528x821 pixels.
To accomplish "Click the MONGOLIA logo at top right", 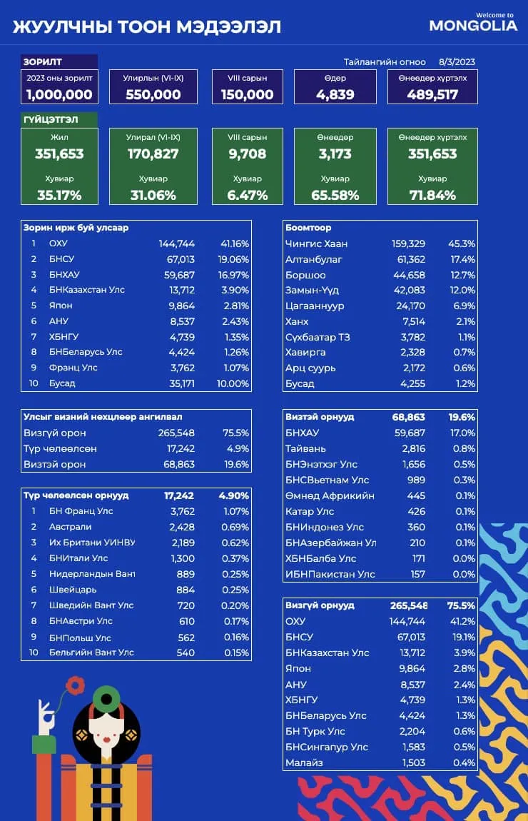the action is [x=473, y=23].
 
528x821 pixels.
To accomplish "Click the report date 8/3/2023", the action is [x=457, y=62].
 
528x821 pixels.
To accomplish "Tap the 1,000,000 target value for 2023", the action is [x=59, y=95].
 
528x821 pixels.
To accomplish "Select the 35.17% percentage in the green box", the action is [x=59, y=196].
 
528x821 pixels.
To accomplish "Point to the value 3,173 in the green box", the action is [x=335, y=154].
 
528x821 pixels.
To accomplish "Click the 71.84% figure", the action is [x=432, y=196].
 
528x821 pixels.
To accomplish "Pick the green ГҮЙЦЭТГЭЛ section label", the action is [x=51, y=119].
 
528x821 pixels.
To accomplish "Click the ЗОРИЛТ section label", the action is [x=42, y=62].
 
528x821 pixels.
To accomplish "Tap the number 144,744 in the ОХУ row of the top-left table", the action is [x=177, y=243].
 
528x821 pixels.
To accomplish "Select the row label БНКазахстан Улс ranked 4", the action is [x=87, y=290].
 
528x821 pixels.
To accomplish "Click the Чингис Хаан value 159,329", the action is [x=408, y=243].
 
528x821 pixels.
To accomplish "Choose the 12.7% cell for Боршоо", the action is [x=462, y=275].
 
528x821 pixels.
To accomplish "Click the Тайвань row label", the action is [x=305, y=449].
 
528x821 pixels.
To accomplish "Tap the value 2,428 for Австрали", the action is [x=183, y=527].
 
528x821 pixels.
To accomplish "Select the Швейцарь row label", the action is [x=73, y=590].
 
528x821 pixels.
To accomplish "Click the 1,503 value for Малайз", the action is [x=413, y=763].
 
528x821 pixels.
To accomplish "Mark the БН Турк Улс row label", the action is [x=315, y=732].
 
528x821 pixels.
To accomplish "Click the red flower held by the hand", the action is [x=75, y=685].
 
